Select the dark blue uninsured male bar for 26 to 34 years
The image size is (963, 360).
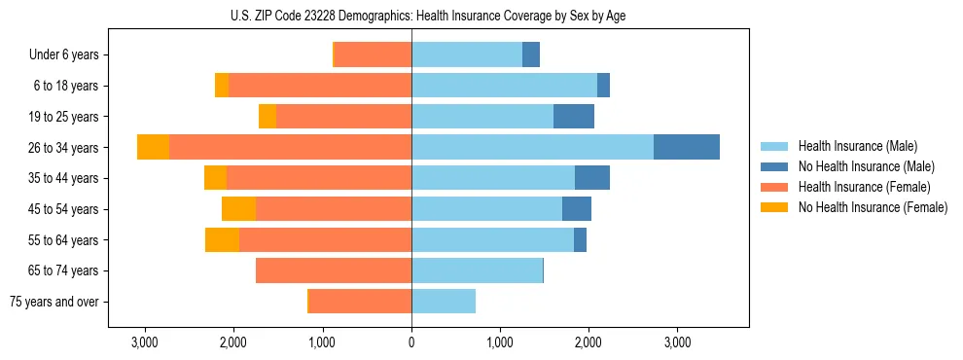(687, 147)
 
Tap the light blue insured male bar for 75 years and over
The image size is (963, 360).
(444, 302)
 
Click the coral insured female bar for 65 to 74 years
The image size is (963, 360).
(334, 270)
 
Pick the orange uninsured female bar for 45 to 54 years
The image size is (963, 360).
(238, 209)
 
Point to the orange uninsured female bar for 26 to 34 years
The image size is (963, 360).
(153, 147)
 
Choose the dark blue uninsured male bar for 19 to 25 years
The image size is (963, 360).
(574, 117)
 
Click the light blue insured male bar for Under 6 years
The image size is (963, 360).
(467, 54)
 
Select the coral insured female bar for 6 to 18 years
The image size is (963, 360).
(320, 86)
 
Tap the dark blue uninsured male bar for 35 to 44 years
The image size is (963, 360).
(592, 178)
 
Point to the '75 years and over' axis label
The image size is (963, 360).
(54, 302)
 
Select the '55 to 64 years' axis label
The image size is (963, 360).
(63, 240)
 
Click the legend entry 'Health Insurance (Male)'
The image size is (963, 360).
(857, 146)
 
